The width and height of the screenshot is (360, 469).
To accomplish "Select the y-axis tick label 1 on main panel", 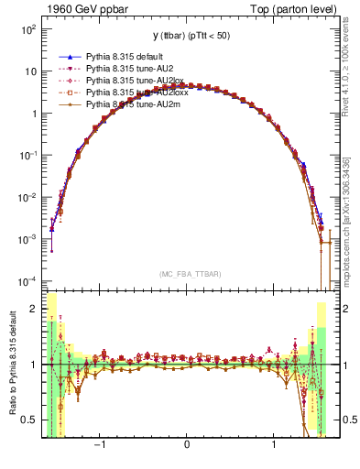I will pos(33,114).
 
